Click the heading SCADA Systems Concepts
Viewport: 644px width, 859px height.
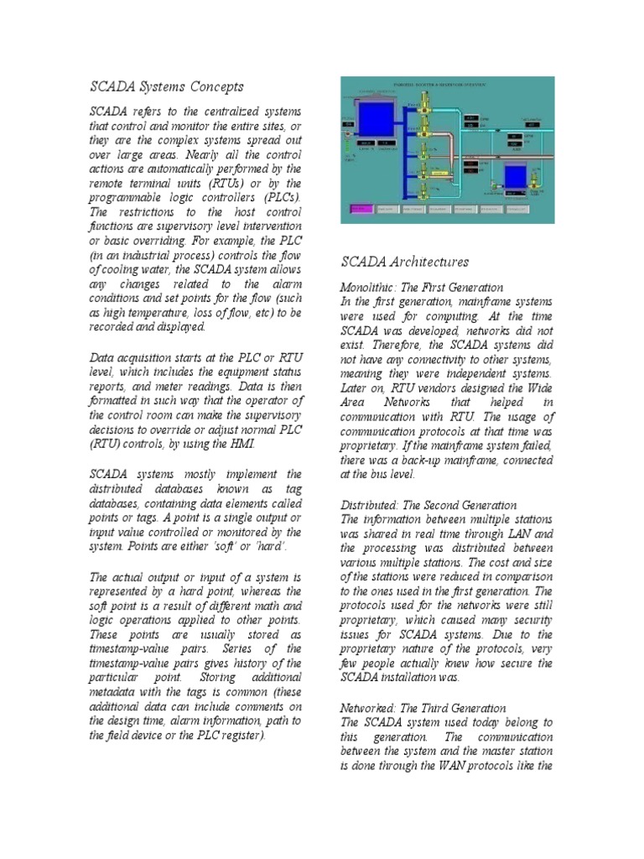pos(166,86)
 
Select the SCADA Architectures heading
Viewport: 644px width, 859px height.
pos(404,263)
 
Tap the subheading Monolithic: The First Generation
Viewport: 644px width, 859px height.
pos(422,288)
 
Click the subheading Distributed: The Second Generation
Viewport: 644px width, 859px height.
pos(428,506)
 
